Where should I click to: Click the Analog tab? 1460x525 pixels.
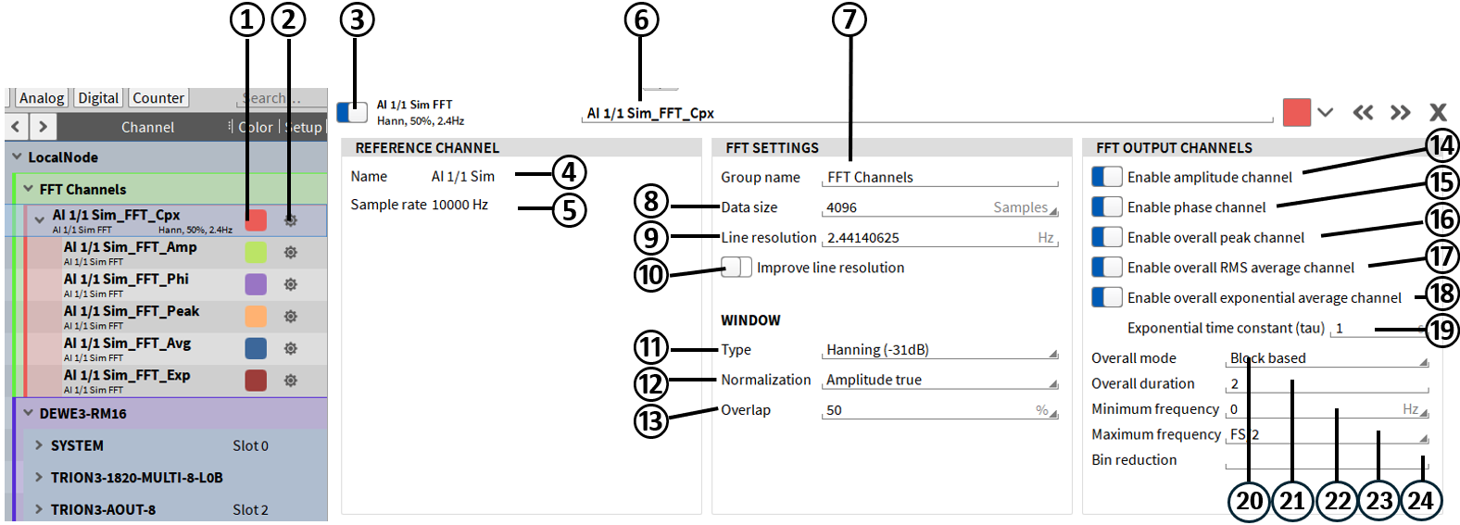point(42,98)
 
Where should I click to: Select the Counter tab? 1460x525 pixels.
point(158,98)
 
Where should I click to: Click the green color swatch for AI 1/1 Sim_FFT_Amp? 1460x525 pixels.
point(256,252)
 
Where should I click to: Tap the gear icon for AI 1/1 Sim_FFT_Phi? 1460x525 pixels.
point(291,284)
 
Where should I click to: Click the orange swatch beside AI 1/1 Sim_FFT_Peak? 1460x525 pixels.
point(256,316)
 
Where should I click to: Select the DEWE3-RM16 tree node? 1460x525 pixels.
point(83,414)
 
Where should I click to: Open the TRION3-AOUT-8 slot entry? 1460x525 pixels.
point(103,509)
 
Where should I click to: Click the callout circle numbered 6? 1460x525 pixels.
point(641,19)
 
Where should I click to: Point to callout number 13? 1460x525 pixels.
point(651,421)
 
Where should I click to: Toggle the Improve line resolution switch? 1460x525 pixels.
point(736,268)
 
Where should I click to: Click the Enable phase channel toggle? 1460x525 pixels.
point(1107,207)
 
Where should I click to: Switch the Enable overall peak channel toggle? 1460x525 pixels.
point(1107,237)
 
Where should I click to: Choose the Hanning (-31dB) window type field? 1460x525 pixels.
point(936,350)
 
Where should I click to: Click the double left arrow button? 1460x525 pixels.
point(1363,113)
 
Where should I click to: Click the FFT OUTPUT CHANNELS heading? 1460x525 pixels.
point(1174,148)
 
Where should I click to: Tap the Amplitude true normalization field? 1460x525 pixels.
point(936,381)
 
